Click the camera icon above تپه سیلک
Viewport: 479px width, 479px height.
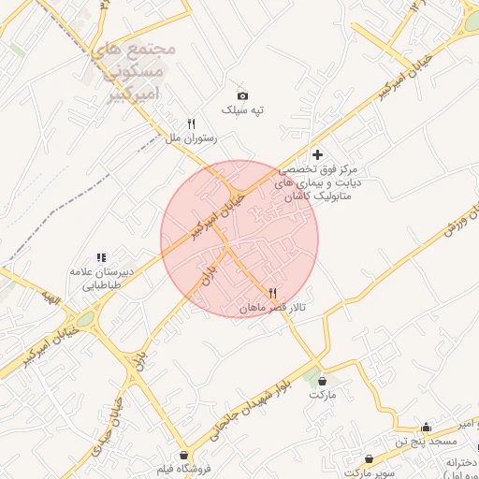(242, 95)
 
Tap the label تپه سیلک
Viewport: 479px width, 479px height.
(242, 110)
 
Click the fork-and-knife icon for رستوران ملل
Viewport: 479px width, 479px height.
(191, 123)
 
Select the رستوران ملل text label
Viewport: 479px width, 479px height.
(191, 138)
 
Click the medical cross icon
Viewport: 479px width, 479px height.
(317, 154)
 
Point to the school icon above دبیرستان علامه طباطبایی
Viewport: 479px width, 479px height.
(101, 257)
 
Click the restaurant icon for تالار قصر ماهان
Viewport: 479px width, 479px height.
(272, 293)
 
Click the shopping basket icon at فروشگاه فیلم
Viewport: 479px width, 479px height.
(183, 455)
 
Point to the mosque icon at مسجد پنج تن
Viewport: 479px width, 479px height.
(427, 427)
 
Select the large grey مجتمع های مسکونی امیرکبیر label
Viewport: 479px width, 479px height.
(131, 70)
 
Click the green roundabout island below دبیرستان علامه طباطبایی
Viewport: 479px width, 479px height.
(85, 320)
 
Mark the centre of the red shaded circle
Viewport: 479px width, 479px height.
(239, 239)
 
